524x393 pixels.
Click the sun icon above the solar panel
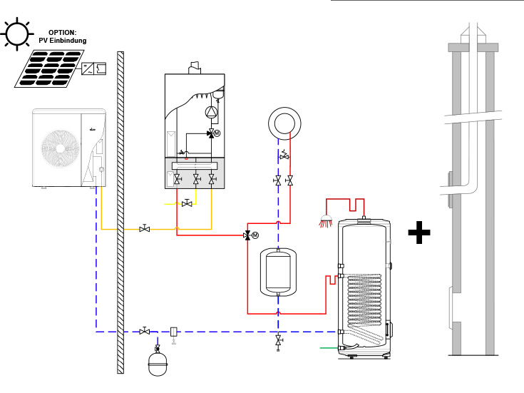(x=16, y=34)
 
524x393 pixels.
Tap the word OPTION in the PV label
(x=62, y=33)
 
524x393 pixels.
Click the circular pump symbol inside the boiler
(x=211, y=111)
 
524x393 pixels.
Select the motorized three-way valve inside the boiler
(x=211, y=133)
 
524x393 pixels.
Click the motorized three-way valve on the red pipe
(x=247, y=235)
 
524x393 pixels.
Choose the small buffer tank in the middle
(x=278, y=271)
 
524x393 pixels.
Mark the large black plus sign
(x=419, y=233)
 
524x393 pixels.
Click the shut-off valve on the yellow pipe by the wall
(x=144, y=229)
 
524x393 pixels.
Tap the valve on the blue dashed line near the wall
(x=144, y=331)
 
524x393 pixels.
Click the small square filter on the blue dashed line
(x=173, y=331)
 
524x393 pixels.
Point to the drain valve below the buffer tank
(x=278, y=342)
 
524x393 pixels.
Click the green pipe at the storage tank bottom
(x=329, y=348)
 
